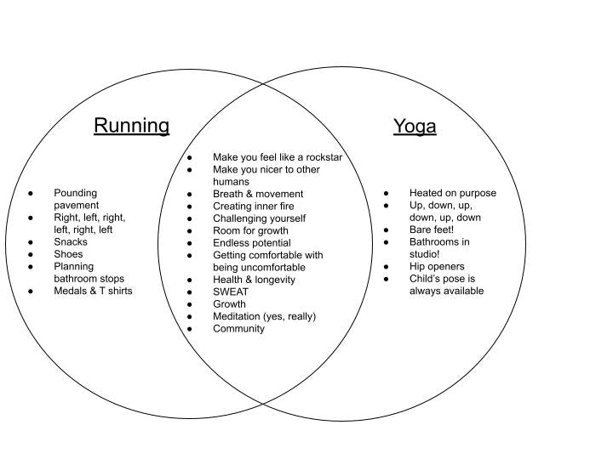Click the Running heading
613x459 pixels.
coord(131,126)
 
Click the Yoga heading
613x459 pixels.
coord(415,127)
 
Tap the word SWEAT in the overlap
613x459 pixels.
coord(231,292)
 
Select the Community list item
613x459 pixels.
coord(238,328)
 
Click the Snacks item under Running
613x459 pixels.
coord(71,241)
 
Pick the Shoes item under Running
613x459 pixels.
coord(69,253)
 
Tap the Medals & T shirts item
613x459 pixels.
coord(93,291)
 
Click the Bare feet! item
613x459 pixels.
coord(432,229)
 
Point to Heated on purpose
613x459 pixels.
coord(452,193)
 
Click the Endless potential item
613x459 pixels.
coord(251,242)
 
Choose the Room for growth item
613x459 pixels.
coord(250,230)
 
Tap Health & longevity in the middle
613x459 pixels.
coord(254,280)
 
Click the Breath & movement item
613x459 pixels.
coord(258,194)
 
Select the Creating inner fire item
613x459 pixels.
coord(255,206)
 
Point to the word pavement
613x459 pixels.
coord(77,205)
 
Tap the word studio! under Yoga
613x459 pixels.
coord(424,254)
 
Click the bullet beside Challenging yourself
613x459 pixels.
coord(192,218)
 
